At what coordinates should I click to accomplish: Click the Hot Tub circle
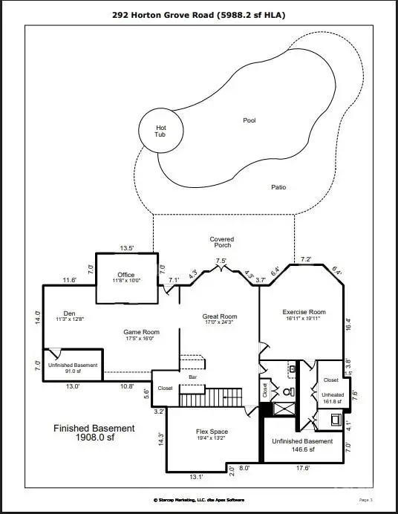(161, 131)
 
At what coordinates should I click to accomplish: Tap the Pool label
(248, 120)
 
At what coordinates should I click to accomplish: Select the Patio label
(278, 187)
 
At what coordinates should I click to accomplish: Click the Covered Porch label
(221, 242)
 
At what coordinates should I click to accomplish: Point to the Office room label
(125, 278)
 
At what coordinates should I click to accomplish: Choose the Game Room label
(141, 335)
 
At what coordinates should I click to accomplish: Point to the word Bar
(192, 377)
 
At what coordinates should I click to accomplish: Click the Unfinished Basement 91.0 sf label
(73, 368)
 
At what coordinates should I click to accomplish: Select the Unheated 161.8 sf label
(333, 398)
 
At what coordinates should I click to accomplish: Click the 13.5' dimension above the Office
(127, 248)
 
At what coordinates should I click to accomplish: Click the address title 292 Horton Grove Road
(198, 14)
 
